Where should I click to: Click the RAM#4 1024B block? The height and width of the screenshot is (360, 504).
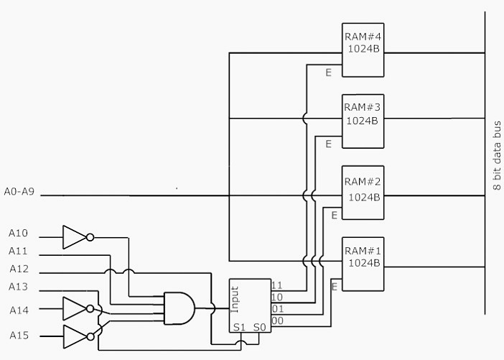click(363, 50)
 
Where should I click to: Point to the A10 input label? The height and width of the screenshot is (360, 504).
click(19, 234)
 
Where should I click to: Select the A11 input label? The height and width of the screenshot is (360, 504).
click(19, 251)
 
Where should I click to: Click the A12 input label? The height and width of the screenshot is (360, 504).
click(19, 269)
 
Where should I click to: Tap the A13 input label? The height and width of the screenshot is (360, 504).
click(19, 287)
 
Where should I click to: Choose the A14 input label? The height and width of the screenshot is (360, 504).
click(19, 310)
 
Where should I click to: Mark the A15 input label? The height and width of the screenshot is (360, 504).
click(19, 336)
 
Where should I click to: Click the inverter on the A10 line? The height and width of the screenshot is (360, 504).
click(75, 236)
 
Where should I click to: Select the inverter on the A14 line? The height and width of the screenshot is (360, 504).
click(75, 309)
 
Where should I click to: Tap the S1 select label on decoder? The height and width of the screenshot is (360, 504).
click(239, 328)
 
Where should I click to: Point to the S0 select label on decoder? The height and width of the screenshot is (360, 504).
click(259, 328)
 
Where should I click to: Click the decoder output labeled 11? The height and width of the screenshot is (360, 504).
click(276, 286)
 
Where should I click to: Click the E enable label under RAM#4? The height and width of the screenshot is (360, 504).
click(328, 73)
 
